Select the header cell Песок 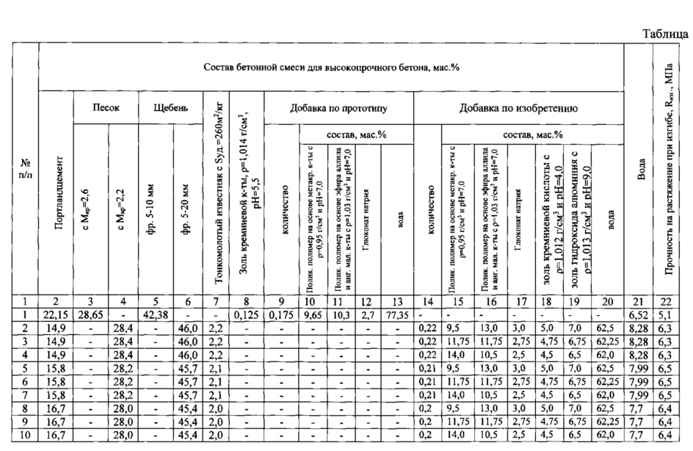click(106, 107)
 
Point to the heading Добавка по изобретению click(518, 108)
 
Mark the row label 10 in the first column click(25, 436)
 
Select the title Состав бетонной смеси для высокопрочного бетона click(331, 67)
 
